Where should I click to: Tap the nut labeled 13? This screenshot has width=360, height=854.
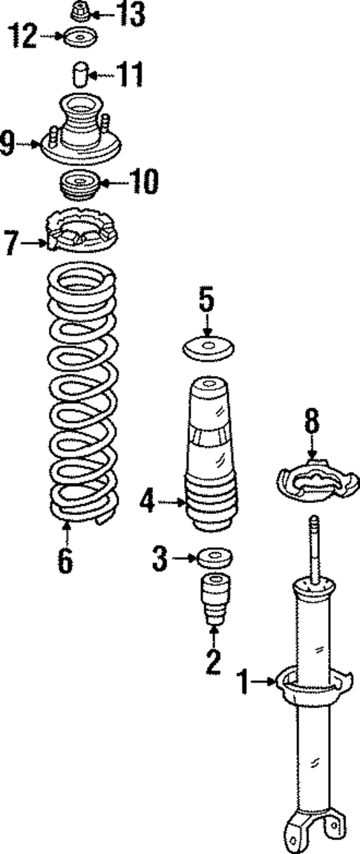(x=80, y=13)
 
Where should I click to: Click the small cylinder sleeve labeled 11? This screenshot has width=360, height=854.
(x=80, y=76)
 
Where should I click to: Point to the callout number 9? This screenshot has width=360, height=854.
(x=8, y=144)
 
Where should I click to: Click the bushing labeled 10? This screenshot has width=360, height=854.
(x=78, y=185)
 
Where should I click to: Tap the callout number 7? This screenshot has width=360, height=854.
(x=10, y=242)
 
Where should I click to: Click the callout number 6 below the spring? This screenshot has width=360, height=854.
(x=66, y=561)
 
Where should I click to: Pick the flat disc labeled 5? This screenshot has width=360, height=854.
(x=207, y=347)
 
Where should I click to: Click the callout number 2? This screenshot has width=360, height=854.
(x=213, y=660)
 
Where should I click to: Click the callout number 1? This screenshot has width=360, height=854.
(x=244, y=681)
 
